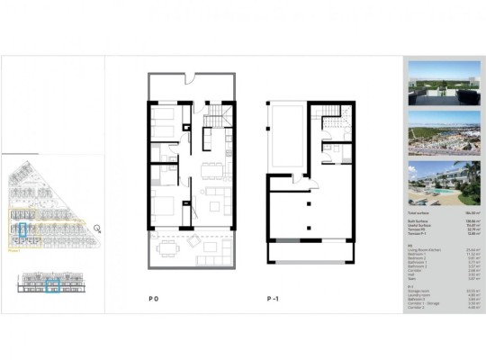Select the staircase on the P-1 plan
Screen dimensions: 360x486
[x=331, y=114]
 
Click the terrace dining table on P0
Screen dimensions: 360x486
[x=166, y=245]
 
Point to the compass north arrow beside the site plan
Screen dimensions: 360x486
[x=97, y=229]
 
